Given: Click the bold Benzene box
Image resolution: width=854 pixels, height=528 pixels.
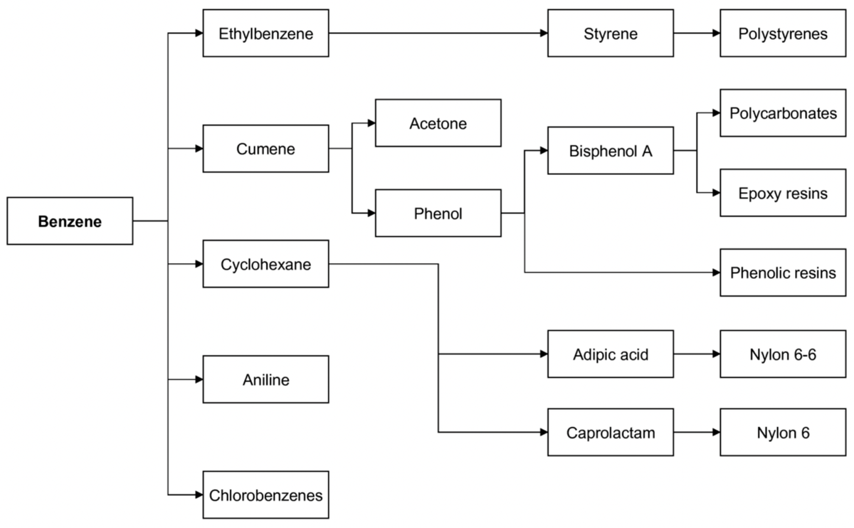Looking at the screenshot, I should [70, 221].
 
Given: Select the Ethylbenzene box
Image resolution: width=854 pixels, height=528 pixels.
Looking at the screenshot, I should [265, 33].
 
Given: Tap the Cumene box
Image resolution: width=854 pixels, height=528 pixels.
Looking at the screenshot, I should [265, 149].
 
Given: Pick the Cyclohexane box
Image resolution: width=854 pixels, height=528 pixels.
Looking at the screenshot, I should [265, 264].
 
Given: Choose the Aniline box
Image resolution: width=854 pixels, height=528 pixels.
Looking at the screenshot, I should [265, 379].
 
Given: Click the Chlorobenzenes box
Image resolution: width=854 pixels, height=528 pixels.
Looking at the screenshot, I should [265, 495].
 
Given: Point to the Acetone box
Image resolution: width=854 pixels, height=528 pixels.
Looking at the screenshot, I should [438, 123].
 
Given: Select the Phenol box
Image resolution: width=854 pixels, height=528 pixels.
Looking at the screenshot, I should [438, 213].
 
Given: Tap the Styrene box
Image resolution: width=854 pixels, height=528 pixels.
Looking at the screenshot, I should [611, 33].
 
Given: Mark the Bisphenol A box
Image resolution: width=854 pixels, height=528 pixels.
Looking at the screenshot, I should [611, 151].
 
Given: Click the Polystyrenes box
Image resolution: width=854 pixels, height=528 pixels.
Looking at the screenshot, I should [783, 33].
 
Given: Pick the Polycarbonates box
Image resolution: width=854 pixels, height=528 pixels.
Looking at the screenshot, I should [783, 112].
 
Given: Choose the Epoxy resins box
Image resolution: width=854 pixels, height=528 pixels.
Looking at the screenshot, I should [783, 193].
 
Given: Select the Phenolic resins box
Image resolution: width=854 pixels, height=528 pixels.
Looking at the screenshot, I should [783, 273].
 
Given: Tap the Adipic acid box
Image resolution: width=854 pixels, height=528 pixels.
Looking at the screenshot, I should [611, 354].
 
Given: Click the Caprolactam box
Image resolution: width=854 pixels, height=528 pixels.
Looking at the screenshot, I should [611, 432].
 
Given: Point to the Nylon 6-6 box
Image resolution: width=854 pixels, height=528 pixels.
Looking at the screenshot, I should [783, 354].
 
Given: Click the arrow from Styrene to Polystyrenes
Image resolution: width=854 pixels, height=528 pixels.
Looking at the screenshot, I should [697, 33].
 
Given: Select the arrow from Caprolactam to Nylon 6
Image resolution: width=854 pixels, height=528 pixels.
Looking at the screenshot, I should [697, 432].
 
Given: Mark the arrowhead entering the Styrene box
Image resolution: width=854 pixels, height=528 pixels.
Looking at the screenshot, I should [543, 33].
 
